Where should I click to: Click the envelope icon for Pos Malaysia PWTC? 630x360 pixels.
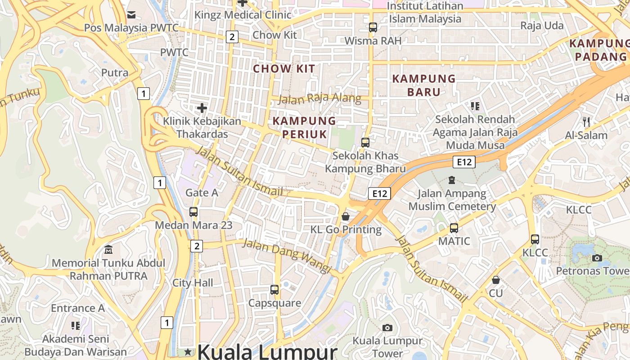tap(131, 15)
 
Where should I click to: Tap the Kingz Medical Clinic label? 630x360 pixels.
tap(243, 15)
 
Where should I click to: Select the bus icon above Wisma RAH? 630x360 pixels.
tap(373, 27)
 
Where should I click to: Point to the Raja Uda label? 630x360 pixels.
tap(542, 26)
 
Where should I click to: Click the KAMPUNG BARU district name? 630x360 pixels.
tap(424, 85)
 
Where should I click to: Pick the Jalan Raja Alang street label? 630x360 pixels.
tap(319, 98)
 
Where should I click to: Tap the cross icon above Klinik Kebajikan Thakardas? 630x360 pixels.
tap(202, 108)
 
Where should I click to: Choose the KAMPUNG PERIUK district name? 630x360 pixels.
tap(304, 127)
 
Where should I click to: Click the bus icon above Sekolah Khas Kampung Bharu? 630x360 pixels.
tap(365, 143)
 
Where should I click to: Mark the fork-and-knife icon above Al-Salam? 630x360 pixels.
tap(586, 121)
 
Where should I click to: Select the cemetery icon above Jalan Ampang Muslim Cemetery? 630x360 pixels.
tap(452, 180)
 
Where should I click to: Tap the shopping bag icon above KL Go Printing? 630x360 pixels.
tap(346, 216)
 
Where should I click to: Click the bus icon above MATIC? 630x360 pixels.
tap(454, 228)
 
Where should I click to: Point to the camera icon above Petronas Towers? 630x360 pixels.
tap(597, 258)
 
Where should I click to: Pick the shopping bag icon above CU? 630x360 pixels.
tap(496, 280)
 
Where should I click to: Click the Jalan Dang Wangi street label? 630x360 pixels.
tap(287, 256)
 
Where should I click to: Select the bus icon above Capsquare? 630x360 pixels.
tap(274, 289)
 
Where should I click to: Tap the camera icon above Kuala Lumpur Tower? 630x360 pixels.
tap(387, 328)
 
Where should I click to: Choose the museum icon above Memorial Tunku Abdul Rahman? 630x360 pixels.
tap(108, 249)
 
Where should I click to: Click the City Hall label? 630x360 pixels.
tap(193, 283)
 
